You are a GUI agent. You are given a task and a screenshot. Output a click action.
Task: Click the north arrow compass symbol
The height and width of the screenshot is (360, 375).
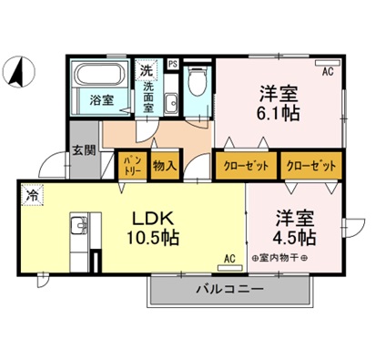coord(18,72)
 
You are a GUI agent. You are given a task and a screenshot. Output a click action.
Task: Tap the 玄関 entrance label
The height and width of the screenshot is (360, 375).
coord(85,151)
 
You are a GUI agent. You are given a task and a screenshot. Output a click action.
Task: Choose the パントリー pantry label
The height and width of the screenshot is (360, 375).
coord(131,166)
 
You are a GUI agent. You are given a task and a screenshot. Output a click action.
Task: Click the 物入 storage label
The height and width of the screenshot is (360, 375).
coord(164,166)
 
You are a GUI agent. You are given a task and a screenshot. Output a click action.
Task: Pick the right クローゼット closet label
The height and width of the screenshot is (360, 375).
coord(310,166)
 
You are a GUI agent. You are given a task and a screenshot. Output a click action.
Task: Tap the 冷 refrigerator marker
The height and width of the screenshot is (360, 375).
coord(33,194)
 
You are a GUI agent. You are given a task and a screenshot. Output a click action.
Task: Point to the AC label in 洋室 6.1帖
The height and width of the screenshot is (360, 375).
coord(326,69)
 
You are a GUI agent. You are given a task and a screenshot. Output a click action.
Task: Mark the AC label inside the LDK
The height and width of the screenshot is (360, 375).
coord(228,258)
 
